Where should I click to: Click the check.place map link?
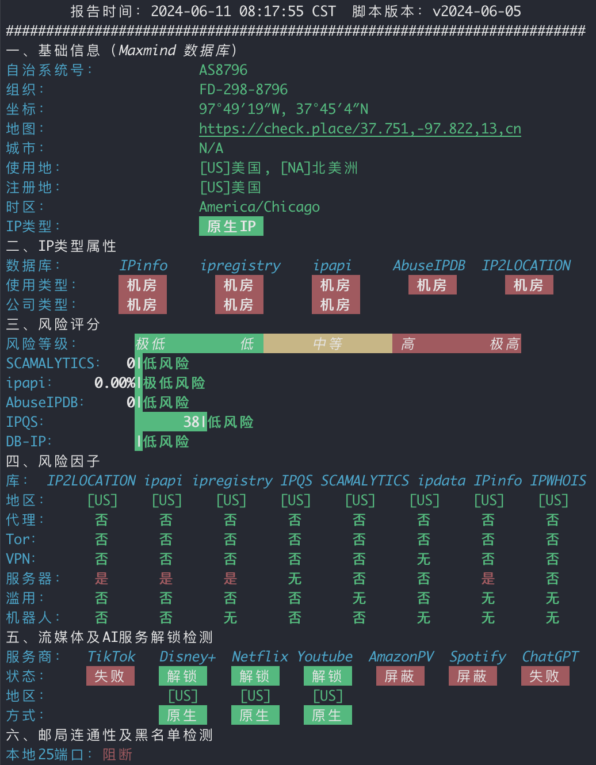coord(360,128)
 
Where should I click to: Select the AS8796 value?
coord(223,70)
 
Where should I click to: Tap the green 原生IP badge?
coord(231,226)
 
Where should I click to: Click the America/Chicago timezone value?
coord(259,206)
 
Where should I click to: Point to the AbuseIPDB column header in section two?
coord(429,265)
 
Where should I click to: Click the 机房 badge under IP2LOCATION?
coord(529,285)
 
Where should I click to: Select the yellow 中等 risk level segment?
coord(328,343)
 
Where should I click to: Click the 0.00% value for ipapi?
coord(114,382)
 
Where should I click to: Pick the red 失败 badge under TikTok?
coord(110,676)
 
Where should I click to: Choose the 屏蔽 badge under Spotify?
coord(472,676)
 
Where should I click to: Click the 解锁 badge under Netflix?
coord(255,676)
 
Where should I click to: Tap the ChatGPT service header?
coord(550,656)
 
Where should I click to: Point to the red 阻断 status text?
coord(117,755)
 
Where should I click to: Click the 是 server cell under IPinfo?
coord(488,579)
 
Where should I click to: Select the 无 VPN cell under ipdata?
coord(423,559)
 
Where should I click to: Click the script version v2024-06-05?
coord(477,12)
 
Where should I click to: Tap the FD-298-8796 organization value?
coord(243,89)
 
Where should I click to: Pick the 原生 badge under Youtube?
coord(328,715)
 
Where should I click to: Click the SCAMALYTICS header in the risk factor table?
coord(365,480)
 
